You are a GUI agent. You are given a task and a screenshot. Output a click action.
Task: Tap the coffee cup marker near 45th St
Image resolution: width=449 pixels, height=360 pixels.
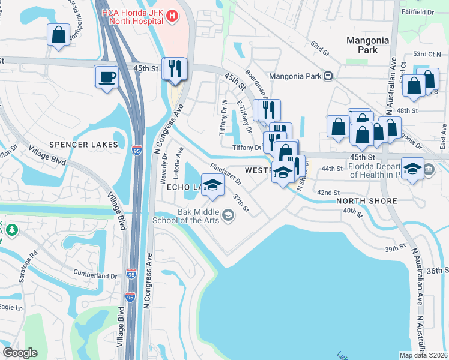(x=107, y=77)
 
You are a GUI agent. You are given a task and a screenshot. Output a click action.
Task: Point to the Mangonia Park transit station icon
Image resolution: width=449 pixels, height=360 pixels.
(x=328, y=76)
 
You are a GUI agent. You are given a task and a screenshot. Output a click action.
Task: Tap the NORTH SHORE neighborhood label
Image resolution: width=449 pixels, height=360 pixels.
(x=366, y=201)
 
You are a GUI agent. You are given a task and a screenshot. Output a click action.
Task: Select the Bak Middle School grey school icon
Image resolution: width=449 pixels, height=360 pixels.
(x=228, y=215)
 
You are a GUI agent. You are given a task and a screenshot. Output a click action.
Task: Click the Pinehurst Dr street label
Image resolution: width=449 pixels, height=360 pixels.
(x=225, y=173)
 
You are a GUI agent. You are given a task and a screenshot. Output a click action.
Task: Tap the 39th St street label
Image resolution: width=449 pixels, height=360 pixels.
(x=396, y=248)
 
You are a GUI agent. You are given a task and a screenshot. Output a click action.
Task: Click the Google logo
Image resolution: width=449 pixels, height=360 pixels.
(x=21, y=353)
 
